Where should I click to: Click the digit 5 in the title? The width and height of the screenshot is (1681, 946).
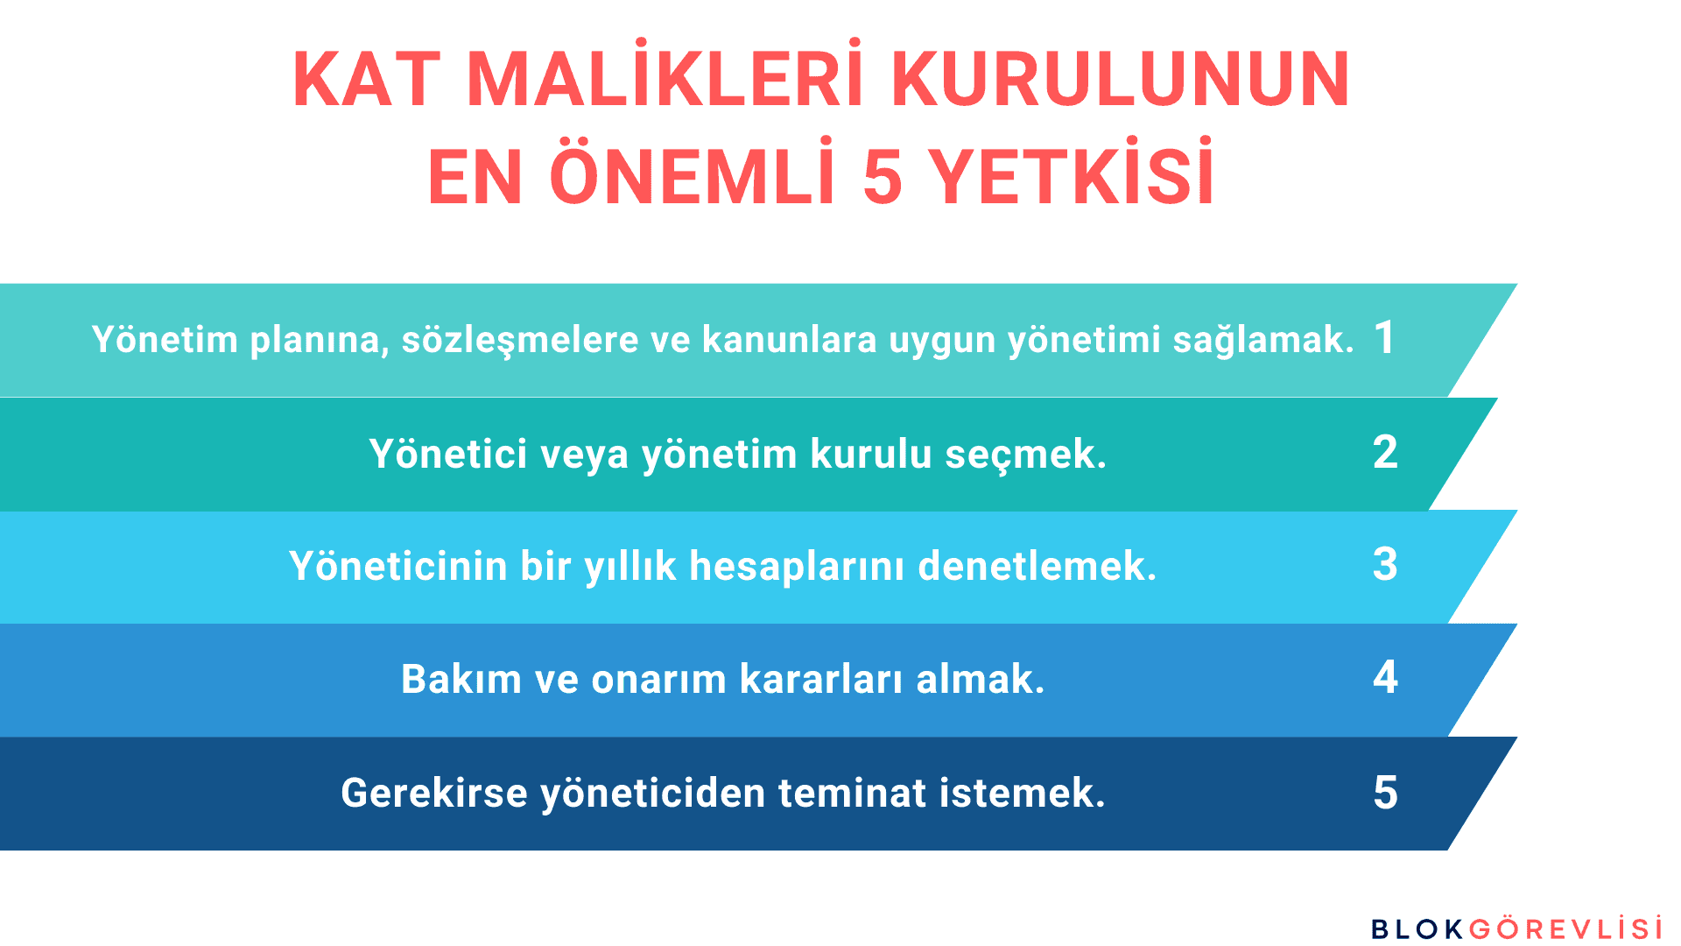(x=883, y=177)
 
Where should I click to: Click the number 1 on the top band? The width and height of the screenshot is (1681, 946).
(x=1384, y=337)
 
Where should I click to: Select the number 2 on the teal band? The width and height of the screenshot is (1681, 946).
(x=1385, y=452)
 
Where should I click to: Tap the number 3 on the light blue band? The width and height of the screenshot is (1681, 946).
(x=1385, y=564)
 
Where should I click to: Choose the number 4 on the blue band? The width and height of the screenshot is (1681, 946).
(x=1385, y=677)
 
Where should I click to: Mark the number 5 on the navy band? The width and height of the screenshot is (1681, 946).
(x=1385, y=792)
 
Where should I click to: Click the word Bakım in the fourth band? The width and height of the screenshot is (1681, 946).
(x=461, y=679)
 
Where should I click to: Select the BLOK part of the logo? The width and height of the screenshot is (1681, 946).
(x=1417, y=929)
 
